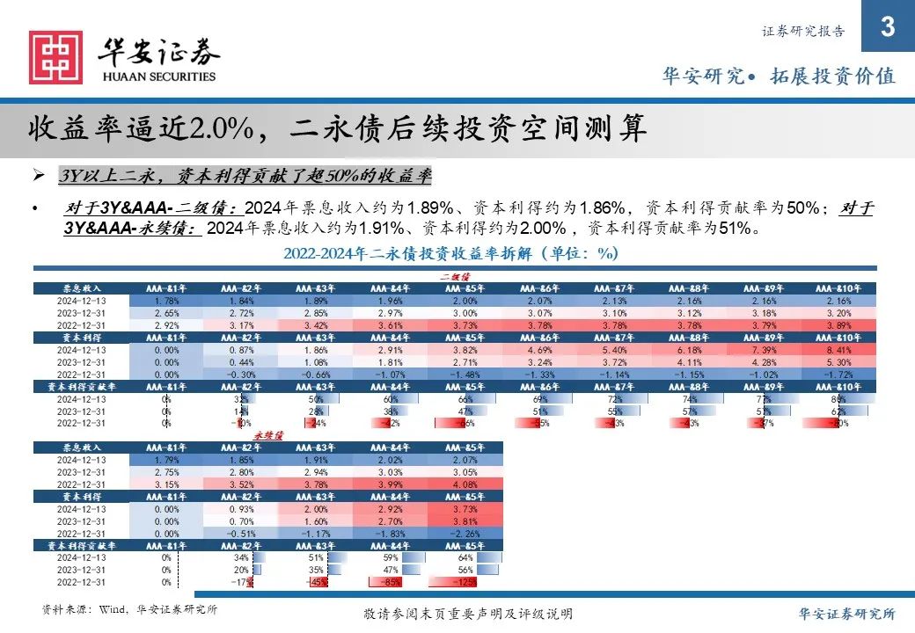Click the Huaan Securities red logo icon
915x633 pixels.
(x=55, y=58)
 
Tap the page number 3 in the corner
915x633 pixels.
(x=887, y=28)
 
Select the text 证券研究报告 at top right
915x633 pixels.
(x=802, y=31)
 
